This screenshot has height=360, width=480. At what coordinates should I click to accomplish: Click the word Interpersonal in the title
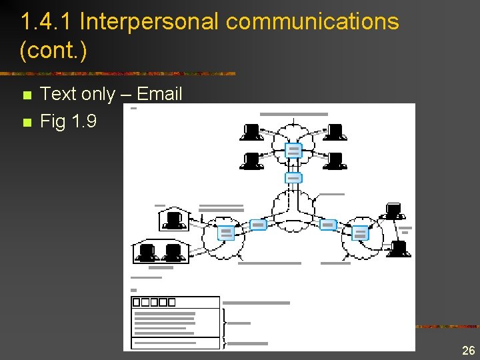point(149,21)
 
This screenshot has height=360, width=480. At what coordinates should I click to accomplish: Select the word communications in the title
point(312,21)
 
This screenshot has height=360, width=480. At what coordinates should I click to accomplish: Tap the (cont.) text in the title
point(54,50)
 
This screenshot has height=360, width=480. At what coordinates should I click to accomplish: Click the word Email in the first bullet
point(159,94)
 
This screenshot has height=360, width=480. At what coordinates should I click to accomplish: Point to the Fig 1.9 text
point(68,121)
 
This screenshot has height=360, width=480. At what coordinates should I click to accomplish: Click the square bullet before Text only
point(27,95)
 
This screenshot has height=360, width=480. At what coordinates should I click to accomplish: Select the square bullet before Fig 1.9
point(27,123)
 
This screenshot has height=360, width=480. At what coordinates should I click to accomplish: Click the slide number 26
point(468,351)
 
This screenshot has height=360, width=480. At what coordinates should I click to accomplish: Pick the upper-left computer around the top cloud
point(251,132)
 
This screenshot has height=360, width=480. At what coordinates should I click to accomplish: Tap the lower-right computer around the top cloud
point(335,161)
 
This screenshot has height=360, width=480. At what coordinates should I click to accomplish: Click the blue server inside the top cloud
point(293,150)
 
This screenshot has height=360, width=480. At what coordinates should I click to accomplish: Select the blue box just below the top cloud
point(293,178)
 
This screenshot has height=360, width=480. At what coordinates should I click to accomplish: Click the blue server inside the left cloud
point(226,233)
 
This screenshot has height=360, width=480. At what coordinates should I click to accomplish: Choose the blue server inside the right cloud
point(360,233)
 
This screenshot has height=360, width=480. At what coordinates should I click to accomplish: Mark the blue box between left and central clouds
point(258,225)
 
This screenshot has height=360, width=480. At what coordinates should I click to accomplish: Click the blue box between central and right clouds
point(327,225)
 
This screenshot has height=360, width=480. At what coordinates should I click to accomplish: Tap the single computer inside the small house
point(175,219)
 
